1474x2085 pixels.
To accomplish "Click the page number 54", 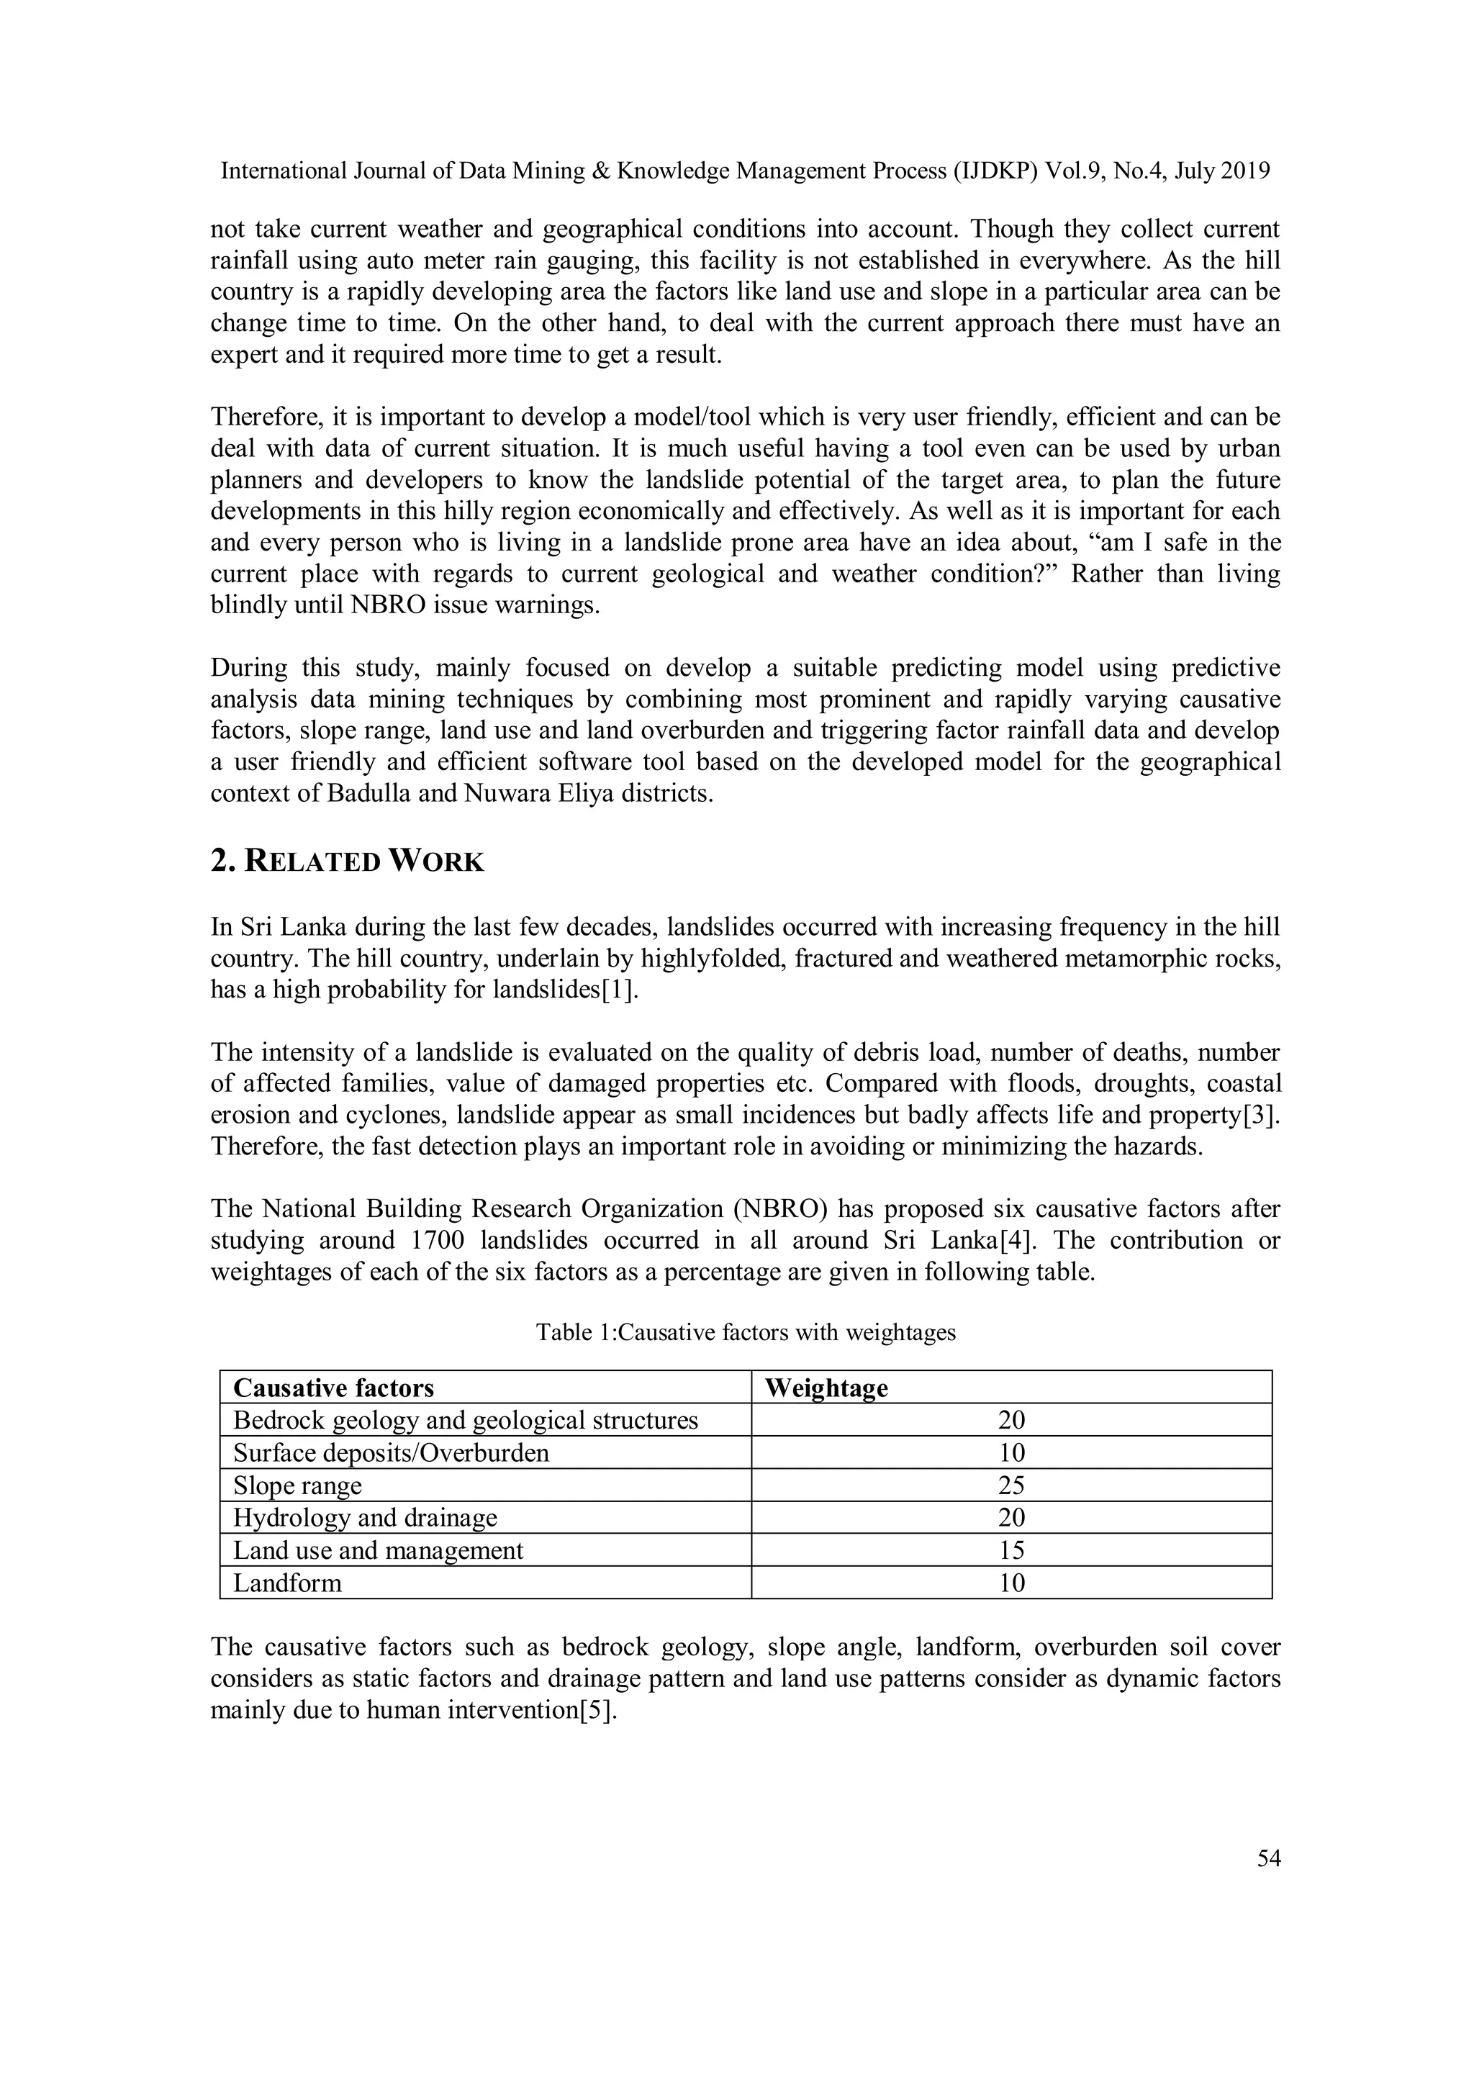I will pyautogui.click(x=1268, y=1859).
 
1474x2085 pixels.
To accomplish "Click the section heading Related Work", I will pyautogui.click(x=347, y=861).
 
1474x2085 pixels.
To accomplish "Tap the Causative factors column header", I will pyautogui.click(x=333, y=1388).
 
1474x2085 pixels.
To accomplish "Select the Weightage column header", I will pyautogui.click(x=826, y=1388).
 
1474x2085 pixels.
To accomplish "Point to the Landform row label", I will pyautogui.click(x=287, y=1584).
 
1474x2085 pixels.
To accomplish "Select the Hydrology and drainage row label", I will pyautogui.click(x=365, y=1519).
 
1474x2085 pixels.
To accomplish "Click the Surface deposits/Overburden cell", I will pyautogui.click(x=391, y=1453).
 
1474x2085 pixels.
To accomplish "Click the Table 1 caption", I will pyautogui.click(x=745, y=1332).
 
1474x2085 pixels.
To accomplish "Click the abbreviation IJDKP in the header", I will pyautogui.click(x=999, y=171).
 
